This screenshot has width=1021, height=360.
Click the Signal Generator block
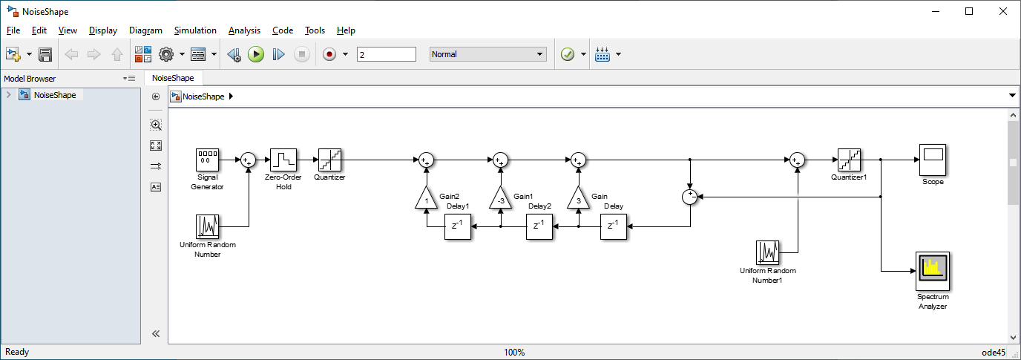coord(207,160)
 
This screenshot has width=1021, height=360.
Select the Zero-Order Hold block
coord(283,160)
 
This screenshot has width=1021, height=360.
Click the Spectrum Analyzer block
coord(932,272)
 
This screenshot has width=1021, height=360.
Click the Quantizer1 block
coord(848,160)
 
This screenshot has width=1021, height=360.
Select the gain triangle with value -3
coord(501,198)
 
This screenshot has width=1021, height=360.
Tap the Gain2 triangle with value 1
coord(427,198)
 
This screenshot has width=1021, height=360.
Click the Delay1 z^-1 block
coord(458,226)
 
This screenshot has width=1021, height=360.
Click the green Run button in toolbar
coord(256,54)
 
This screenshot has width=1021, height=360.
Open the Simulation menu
coord(195,30)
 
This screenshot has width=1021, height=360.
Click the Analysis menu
coord(244,30)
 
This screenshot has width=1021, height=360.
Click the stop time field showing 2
coord(386,54)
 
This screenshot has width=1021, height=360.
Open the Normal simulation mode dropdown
coord(487,54)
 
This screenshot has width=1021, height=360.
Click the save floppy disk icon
coord(45,54)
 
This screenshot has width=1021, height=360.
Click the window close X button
coord(1002,11)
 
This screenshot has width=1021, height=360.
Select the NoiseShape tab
coord(173,78)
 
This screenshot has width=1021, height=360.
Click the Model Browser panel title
coord(30,79)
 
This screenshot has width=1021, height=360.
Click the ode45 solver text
coord(994,353)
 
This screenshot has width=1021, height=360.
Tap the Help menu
coord(346,30)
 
